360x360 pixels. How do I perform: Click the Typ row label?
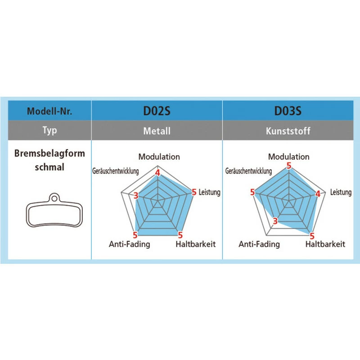coord(49,131)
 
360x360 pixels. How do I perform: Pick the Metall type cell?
coord(157,131)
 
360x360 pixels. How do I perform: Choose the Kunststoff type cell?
coord(288,131)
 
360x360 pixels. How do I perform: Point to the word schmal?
coord(49,167)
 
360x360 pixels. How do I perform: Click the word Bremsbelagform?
coord(49,154)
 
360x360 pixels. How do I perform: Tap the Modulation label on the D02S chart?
coord(159,157)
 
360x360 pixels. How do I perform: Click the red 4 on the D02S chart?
coord(157,172)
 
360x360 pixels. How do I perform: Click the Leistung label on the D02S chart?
coord(210,193)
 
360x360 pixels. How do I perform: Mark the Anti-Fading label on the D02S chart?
coord(130,244)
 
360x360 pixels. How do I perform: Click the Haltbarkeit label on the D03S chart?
coord(325,244)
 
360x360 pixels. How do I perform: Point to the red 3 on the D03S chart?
coord(275,220)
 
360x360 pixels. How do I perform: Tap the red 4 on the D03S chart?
coord(318,194)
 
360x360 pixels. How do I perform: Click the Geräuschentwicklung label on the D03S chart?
coord(248,171)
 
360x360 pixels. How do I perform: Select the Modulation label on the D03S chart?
coord(288,157)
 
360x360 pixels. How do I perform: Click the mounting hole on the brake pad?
coord(54,197)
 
